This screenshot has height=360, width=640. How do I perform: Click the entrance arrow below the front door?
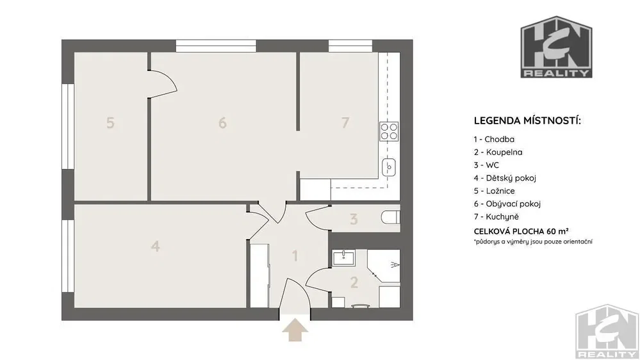coord(295,330)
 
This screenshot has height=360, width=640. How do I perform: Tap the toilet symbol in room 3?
coord(390,217)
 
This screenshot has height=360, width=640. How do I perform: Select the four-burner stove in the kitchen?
coord(389,131)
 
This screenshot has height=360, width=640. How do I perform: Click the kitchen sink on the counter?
coord(389,167)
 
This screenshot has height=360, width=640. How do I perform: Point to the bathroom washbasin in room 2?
coord(343,258)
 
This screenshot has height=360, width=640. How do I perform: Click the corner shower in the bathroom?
coord(384,266)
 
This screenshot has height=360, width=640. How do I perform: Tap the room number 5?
coord(110,122)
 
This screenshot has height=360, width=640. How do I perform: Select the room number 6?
coord(222,122)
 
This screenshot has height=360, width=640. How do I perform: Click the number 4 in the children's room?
coord(155,246)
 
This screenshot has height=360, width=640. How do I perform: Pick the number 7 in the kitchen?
coord(345,122)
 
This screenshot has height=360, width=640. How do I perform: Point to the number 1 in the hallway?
coord(295,256)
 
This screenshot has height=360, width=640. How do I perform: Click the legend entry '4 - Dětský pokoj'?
coord(505,178)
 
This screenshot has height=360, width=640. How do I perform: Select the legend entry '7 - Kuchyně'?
coord(496,217)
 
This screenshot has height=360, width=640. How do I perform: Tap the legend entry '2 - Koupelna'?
coord(498,152)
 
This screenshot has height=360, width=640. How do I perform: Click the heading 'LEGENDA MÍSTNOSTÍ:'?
coord(527,121)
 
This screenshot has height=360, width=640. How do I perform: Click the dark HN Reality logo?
coord(556,47)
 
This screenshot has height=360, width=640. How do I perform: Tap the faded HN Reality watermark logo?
coord(607,331)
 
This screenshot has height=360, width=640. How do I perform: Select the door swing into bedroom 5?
coord(162,84)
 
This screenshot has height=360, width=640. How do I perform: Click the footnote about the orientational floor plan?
coord(533,241)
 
